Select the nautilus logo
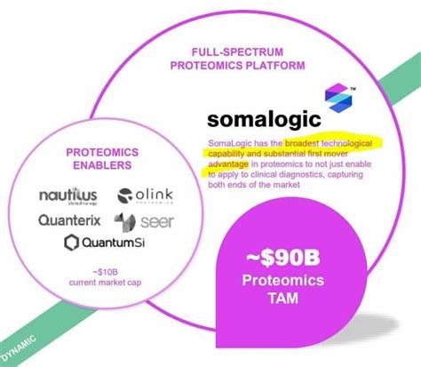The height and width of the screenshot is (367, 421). (69, 195)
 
